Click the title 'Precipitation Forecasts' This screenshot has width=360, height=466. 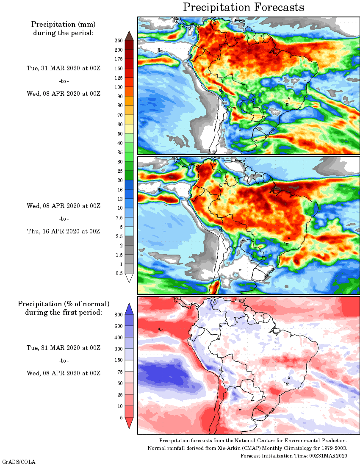(x=244, y=7)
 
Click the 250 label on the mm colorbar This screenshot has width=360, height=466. (x=118, y=41)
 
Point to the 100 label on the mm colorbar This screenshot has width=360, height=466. (x=118, y=87)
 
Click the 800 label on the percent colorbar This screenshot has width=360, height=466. (x=118, y=315)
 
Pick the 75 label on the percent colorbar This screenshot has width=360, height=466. (x=119, y=372)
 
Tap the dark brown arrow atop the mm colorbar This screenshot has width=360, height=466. (x=130, y=36)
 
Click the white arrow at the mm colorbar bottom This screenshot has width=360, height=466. (x=130, y=278)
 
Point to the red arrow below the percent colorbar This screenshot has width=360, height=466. (x=130, y=423)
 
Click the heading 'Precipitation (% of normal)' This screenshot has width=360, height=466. (x=64, y=304)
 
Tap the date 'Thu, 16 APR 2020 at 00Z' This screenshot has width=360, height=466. (x=64, y=231)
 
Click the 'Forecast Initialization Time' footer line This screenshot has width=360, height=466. (x=294, y=455)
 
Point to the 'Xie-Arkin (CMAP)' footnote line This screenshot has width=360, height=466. (x=247, y=448)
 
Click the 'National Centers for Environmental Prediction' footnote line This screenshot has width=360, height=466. (x=253, y=441)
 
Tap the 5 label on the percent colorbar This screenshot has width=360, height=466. (x=121, y=418)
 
